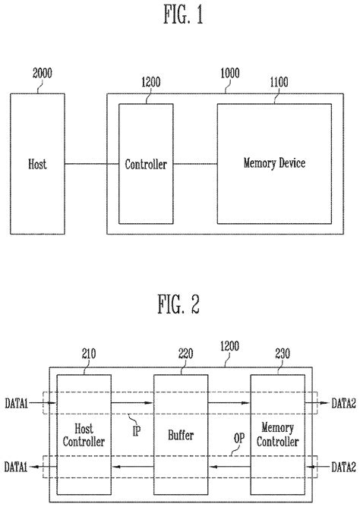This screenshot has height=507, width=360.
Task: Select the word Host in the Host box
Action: (x=37, y=164)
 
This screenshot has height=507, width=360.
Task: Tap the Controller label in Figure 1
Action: (x=146, y=164)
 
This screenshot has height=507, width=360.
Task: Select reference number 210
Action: (x=90, y=353)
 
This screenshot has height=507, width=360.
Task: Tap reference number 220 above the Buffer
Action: (x=185, y=353)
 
